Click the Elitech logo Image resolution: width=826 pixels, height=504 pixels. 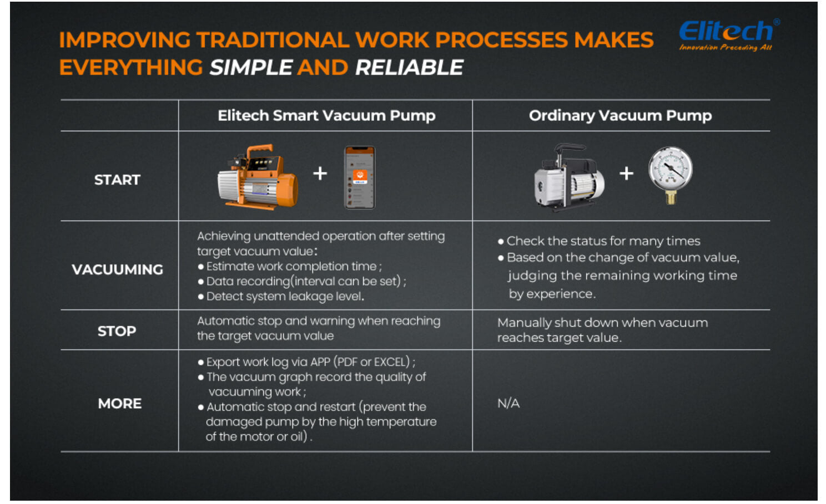(728, 35)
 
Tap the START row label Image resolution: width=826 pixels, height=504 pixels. (117, 180)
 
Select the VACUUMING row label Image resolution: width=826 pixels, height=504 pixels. (117, 269)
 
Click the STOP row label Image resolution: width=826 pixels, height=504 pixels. (117, 331)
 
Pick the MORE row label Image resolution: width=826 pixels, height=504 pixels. (119, 404)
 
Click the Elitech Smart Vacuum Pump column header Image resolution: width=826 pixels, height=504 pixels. (327, 116)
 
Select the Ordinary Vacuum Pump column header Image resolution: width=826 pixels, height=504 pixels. (620, 116)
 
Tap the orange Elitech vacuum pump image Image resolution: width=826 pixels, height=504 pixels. (258, 177)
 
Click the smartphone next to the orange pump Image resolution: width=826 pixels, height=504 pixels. (360, 177)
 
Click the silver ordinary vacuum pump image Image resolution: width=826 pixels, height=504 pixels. (568, 177)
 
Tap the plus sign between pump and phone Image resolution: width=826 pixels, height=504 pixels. (320, 173)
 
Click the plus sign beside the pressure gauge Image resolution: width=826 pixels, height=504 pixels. (626, 173)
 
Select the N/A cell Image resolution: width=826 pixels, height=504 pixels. (508, 404)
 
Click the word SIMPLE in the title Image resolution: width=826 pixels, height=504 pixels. (251, 68)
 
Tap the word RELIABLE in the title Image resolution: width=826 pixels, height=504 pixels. (409, 68)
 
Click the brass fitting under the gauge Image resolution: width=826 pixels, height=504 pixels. (671, 197)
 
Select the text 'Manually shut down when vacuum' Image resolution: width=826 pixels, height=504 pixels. (602, 323)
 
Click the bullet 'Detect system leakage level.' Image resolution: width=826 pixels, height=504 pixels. (281, 297)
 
